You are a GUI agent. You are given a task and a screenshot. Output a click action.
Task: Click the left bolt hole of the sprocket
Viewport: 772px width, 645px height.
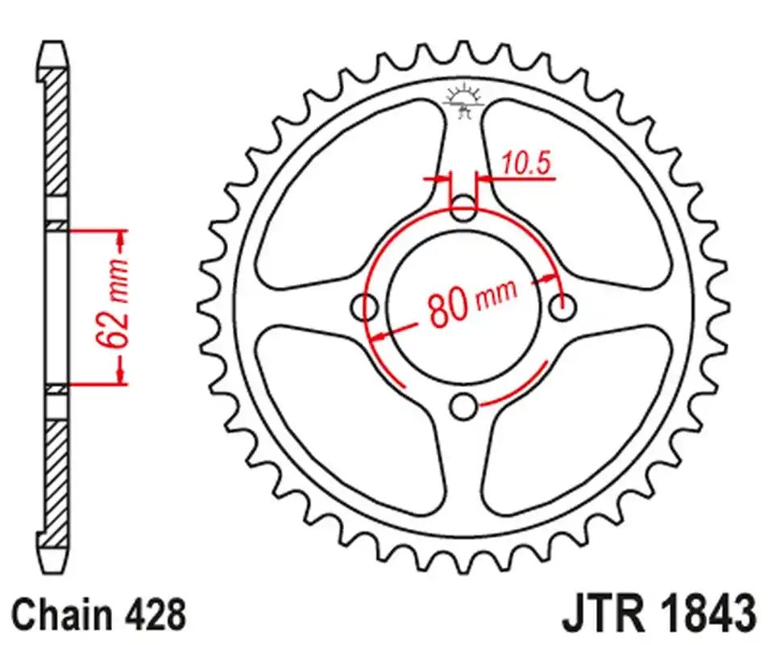click(x=367, y=306)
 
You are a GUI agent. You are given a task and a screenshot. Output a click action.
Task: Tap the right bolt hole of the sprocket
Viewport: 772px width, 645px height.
click(x=562, y=307)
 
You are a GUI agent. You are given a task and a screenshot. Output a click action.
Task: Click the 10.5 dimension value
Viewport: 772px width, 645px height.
click(x=525, y=164)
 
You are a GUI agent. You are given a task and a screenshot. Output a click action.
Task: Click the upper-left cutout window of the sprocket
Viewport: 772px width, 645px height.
click(x=347, y=193)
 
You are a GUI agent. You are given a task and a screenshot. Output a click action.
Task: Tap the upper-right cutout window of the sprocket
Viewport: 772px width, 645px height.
click(x=580, y=193)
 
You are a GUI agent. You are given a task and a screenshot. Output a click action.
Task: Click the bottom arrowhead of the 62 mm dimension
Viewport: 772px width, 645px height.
click(x=121, y=375)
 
